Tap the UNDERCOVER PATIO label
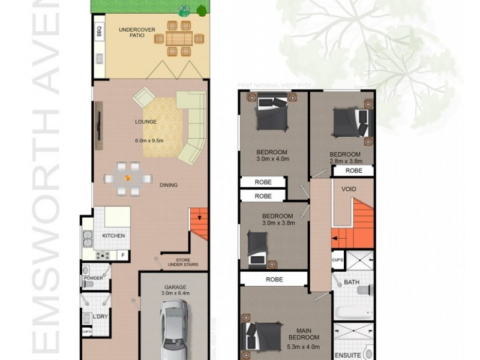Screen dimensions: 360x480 (x=132, y=32)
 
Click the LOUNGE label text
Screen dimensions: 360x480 (x=146, y=122)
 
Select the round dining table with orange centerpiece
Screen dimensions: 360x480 (x=127, y=178)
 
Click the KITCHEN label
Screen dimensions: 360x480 (x=113, y=236)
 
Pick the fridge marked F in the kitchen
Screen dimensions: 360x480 (x=124, y=256)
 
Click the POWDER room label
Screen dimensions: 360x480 (x=94, y=278)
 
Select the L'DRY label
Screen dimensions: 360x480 (x=100, y=317)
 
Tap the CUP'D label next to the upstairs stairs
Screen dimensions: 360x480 (x=337, y=260)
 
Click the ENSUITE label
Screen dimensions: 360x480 (x=348, y=353)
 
